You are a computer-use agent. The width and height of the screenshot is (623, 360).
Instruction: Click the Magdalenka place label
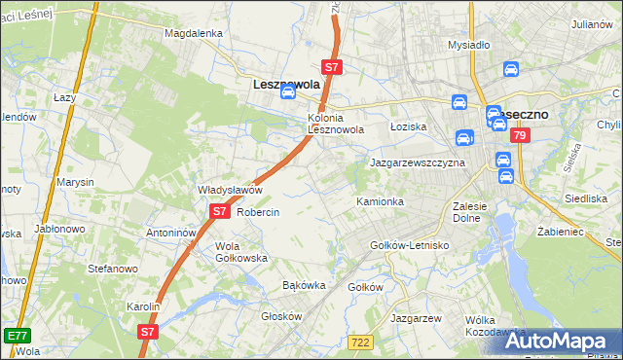tap(194, 32)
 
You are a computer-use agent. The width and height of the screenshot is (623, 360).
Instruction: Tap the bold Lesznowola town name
tap(286, 84)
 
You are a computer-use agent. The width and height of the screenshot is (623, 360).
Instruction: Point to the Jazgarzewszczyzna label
tap(418, 163)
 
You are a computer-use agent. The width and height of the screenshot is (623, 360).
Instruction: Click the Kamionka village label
tap(380, 201)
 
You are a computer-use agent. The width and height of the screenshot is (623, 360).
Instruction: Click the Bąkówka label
tap(303, 285)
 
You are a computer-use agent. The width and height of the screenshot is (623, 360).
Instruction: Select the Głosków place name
tap(282, 316)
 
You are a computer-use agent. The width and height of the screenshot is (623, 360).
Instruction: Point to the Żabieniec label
tap(560, 232)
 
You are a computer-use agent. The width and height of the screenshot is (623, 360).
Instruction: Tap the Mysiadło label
tap(468, 45)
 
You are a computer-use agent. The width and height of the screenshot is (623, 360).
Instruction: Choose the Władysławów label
tap(231, 190)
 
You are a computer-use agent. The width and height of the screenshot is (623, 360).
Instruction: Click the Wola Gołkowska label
tap(241, 252)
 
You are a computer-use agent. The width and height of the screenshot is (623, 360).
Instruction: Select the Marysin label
tap(75, 182)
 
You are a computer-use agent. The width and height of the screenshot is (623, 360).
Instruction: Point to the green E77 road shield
tap(17, 335)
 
